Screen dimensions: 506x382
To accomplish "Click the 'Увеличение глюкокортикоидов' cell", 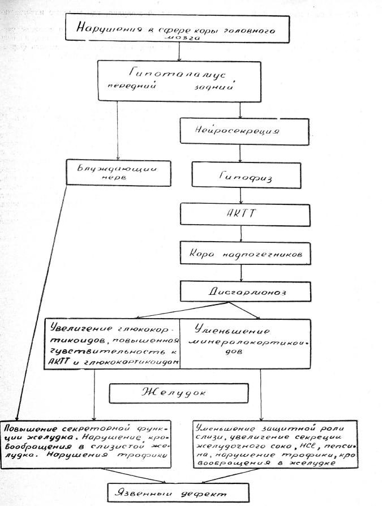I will pos(113,344).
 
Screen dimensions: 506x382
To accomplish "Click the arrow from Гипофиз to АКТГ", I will pos(242,196).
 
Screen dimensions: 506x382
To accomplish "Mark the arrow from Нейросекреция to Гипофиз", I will pos(242,153).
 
